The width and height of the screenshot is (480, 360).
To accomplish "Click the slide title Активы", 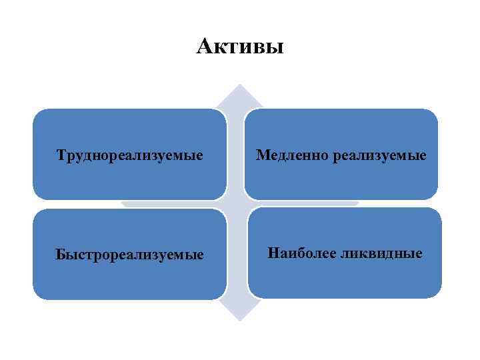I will point(240,47).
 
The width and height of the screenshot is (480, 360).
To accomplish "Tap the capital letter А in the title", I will point(205,47).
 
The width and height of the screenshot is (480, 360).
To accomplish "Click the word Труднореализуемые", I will point(129,156).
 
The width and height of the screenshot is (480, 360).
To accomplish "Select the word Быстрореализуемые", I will point(129,255).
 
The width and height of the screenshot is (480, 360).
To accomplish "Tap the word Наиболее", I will point(301,253).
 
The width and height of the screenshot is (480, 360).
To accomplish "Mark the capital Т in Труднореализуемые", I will point(61,156).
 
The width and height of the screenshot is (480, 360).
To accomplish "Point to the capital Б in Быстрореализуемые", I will point(60,255).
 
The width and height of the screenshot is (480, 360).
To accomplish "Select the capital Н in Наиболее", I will point(273,253).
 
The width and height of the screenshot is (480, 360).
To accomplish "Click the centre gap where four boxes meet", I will point(237,204).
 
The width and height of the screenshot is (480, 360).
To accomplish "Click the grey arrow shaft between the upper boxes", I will point(237,153).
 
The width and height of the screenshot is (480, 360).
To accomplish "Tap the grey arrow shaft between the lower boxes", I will point(237,253).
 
